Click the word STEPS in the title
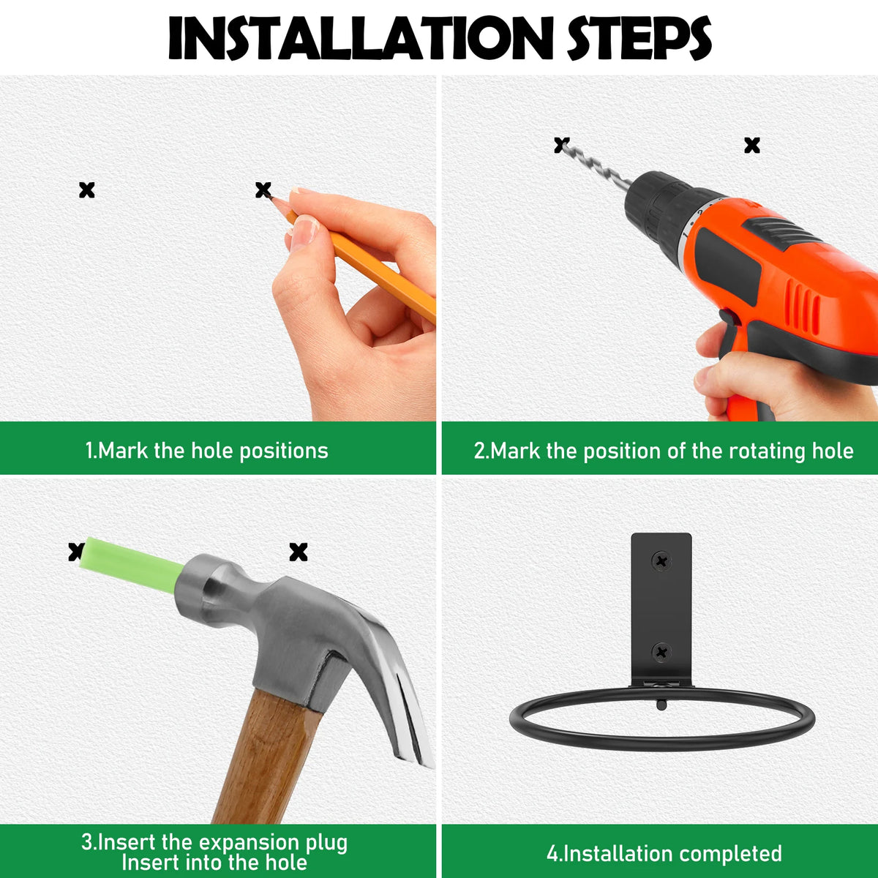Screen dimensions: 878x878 [639, 38]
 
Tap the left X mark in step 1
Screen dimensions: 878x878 [86, 190]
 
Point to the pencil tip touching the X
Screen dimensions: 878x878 [271, 198]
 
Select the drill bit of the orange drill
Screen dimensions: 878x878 [596, 164]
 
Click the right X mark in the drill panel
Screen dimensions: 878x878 [752, 146]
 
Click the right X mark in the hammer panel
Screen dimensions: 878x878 [299, 552]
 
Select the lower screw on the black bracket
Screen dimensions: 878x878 [661, 653]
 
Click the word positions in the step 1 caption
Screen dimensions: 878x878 [283, 451]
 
